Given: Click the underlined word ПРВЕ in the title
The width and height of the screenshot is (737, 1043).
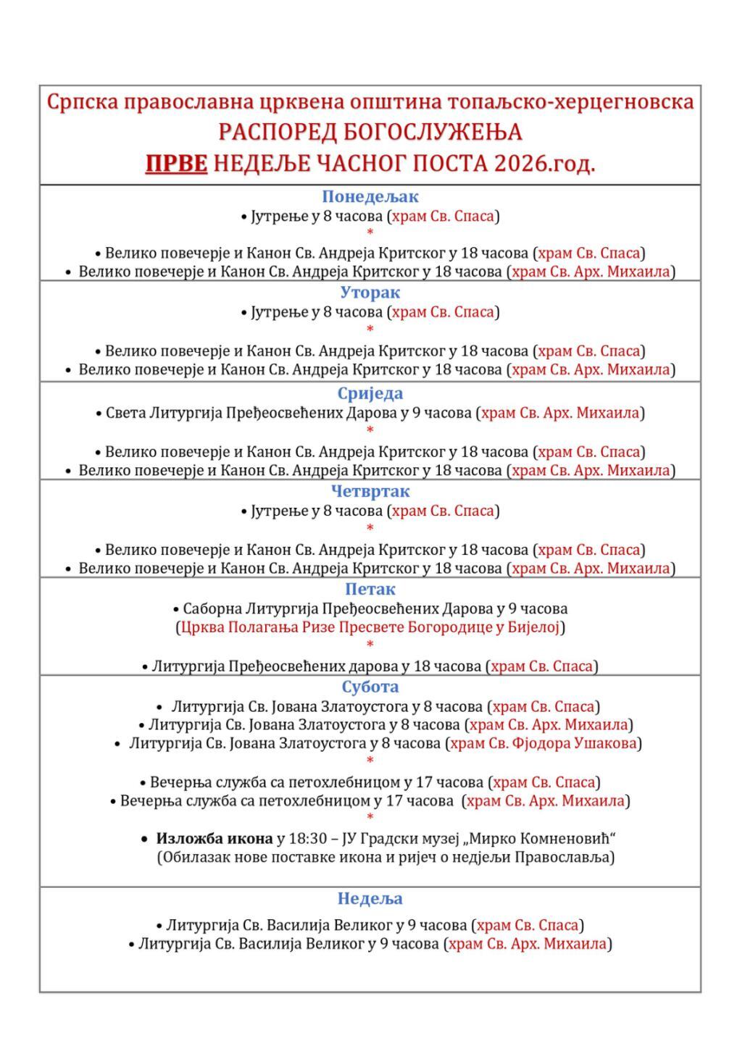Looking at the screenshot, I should click(176, 164).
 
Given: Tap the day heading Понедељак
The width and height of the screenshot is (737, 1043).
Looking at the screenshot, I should click(370, 196).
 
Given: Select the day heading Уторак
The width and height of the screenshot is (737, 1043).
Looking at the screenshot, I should click(370, 293).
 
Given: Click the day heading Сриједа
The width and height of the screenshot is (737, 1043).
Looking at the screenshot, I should click(370, 394).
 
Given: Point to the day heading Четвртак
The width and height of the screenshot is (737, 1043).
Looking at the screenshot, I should click(370, 491).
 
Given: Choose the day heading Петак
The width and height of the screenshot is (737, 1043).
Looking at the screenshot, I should click(370, 589).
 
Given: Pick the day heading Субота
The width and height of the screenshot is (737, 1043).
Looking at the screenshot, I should click(370, 687).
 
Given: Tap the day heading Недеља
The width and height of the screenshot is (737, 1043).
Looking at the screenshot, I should click(370, 899).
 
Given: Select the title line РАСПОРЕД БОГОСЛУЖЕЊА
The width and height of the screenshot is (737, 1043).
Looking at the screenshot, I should click(370, 133).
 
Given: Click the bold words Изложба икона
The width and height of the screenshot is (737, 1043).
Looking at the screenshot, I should click(214, 839).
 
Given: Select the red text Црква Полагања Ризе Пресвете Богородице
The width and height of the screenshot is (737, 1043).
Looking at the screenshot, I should click(346, 627).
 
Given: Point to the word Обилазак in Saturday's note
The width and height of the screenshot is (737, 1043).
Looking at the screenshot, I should click(190, 858).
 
